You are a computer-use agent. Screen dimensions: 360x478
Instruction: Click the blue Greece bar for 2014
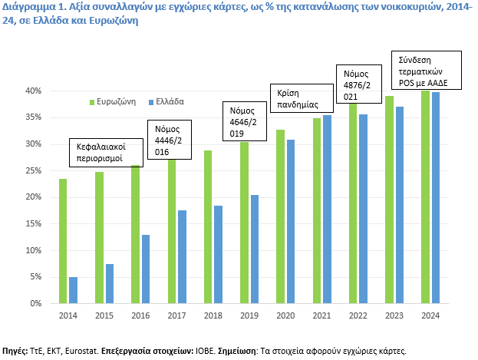pos(73,290)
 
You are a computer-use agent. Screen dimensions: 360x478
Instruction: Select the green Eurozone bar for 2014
pos(63,241)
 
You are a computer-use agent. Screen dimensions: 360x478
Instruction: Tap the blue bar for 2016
pos(146,269)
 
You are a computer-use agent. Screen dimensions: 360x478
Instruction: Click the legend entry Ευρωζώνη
pos(116,101)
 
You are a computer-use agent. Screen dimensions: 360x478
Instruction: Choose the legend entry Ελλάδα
pos(170,101)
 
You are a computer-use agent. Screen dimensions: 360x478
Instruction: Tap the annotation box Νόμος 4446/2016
pos(169,139)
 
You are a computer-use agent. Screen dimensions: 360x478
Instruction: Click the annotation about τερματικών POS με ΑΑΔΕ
pos(426,71)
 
